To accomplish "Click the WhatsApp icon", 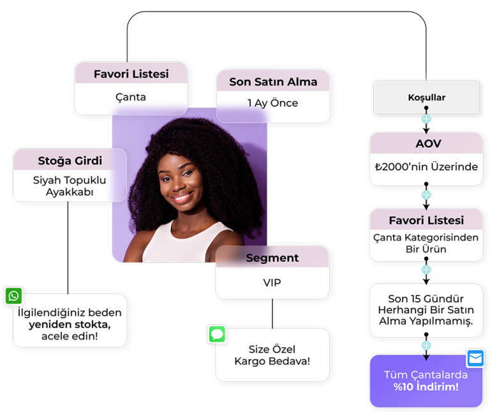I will (13, 296).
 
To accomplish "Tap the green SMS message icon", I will (218, 334).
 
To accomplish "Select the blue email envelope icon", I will (475, 358).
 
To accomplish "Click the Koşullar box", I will (426, 98).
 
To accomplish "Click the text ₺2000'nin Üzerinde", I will (426, 167).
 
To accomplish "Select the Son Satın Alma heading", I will (273, 82).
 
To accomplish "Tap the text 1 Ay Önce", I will (273, 103).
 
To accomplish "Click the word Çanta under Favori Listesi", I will (131, 97).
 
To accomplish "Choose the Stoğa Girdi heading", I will (70, 160).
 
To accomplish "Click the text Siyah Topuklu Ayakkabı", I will (70, 186).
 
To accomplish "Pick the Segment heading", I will (272, 258).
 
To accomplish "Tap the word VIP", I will (272, 283).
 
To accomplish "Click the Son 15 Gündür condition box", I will (426, 310).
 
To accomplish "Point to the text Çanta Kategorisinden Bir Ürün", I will (426, 243).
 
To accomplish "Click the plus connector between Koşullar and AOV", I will (426, 120).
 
